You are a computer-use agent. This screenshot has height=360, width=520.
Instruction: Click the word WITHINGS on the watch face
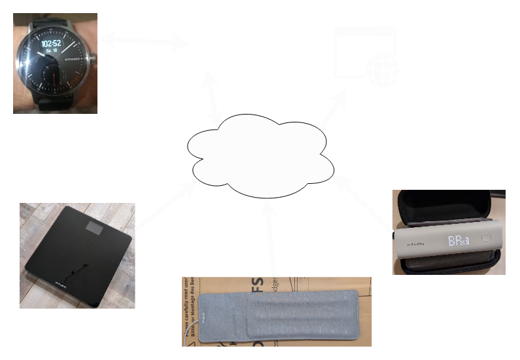72,58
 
